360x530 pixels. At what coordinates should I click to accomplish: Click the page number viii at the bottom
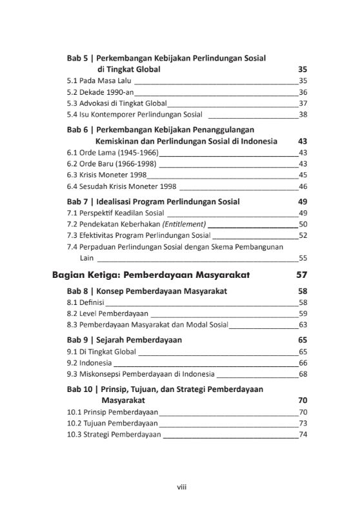181,487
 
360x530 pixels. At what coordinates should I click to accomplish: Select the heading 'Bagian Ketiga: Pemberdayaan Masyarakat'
151,275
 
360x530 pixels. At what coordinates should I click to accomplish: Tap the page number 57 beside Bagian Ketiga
301,275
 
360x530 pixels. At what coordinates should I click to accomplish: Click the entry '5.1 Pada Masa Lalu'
99,81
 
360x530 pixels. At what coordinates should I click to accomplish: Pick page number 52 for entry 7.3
303,235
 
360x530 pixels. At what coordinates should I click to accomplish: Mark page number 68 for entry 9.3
303,374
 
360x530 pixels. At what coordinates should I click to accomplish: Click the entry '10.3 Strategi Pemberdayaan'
114,435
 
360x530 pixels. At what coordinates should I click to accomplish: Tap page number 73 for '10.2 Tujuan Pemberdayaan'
303,423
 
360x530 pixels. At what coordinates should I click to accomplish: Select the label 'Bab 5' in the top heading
79,58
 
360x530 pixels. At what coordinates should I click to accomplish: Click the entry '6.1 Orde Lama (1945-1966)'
112,152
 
